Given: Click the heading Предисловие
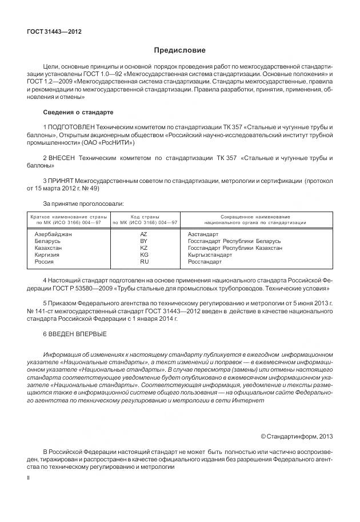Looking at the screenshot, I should click(179, 50).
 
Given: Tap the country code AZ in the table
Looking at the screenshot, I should click(144, 234).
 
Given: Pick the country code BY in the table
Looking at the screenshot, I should click(144, 241).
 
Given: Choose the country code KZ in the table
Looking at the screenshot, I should click(144, 248).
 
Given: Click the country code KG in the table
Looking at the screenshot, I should click(144, 255).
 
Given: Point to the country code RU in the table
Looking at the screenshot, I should click(144, 261).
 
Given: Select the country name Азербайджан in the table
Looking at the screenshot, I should click(53, 234).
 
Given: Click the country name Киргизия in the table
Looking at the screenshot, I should click(48, 255).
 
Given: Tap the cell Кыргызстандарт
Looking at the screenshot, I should click(210, 255).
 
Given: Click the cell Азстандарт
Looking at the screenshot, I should click(203, 234).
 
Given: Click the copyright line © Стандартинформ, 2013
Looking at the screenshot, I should click(297, 436).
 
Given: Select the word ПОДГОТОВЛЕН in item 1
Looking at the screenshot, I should click(73, 126).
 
